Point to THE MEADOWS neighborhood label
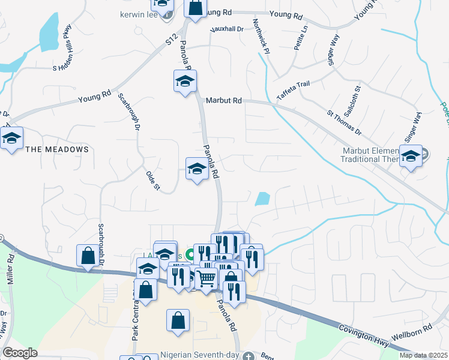pyautogui.click(x=57, y=149)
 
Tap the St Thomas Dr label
pyautogui.click(x=344, y=122)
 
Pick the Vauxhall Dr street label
pyautogui.click(x=226, y=29)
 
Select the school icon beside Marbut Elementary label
pyautogui.click(x=411, y=157)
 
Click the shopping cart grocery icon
pyautogui.click(x=206, y=279)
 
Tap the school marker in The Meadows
pyautogui.click(x=11, y=139)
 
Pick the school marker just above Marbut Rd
pyautogui.click(x=185, y=80)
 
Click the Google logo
pyautogui.click(x=20, y=352)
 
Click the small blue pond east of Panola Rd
pyautogui.click(x=262, y=199)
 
